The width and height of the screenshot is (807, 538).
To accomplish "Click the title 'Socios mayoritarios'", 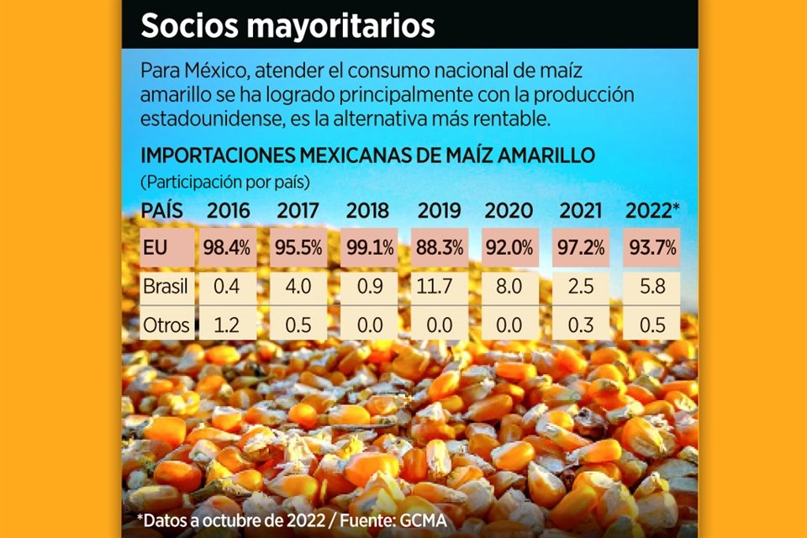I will coord(287,25).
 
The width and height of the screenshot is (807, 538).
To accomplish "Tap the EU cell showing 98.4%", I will coord(227,248).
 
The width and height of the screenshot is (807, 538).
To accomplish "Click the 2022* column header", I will coord(651,210).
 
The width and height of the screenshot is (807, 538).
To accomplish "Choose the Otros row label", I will coord(166,324).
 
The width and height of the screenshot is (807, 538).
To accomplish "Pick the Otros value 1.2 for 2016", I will coord(227,324).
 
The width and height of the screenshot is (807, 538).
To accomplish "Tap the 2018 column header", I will coord(367,210).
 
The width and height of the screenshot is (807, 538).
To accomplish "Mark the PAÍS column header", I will coord(161,210).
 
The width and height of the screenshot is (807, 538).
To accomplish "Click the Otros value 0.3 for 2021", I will coord(579,324).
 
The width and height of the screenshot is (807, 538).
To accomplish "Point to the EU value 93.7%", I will coord(651,248).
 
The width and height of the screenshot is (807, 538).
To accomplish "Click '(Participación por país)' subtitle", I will coord(224,182).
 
